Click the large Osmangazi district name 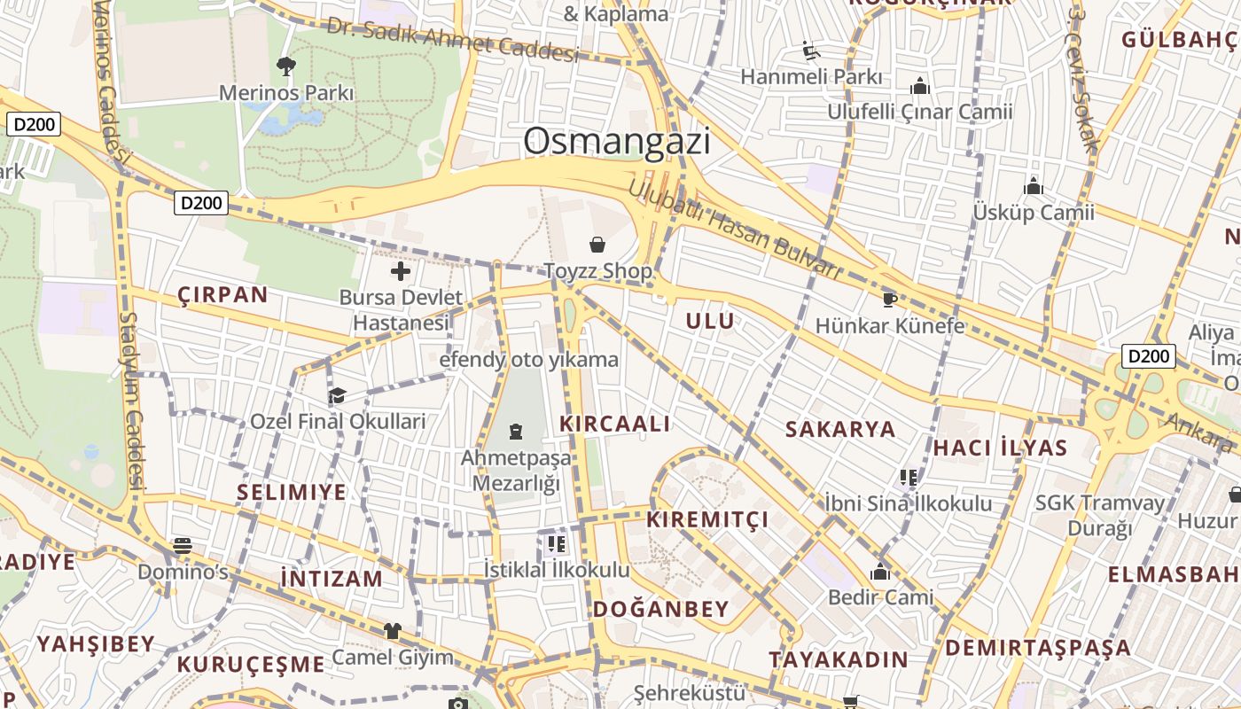pyautogui.click(x=617, y=142)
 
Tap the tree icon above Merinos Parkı pyautogui.click(x=285, y=66)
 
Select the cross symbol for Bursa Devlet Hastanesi pyautogui.click(x=401, y=271)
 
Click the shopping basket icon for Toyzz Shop pyautogui.click(x=597, y=245)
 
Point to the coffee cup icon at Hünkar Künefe pyautogui.click(x=889, y=300)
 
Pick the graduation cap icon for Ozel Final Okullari pyautogui.click(x=337, y=395)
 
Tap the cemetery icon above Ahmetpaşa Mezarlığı pyautogui.click(x=516, y=432)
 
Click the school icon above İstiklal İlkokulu pyautogui.click(x=557, y=543)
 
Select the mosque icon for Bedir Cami pyautogui.click(x=879, y=572)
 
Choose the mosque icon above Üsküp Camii pyautogui.click(x=1033, y=187)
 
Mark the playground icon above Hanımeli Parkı pyautogui.click(x=810, y=51)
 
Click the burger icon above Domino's pyautogui.click(x=183, y=545)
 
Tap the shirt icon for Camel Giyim pyautogui.click(x=392, y=631)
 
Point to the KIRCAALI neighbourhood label pyautogui.click(x=615, y=424)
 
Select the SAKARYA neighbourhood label pyautogui.click(x=840, y=430)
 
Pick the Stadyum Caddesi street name pyautogui.click(x=132, y=399)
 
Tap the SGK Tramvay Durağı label pyautogui.click(x=1100, y=515)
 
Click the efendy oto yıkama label pyautogui.click(x=529, y=360)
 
